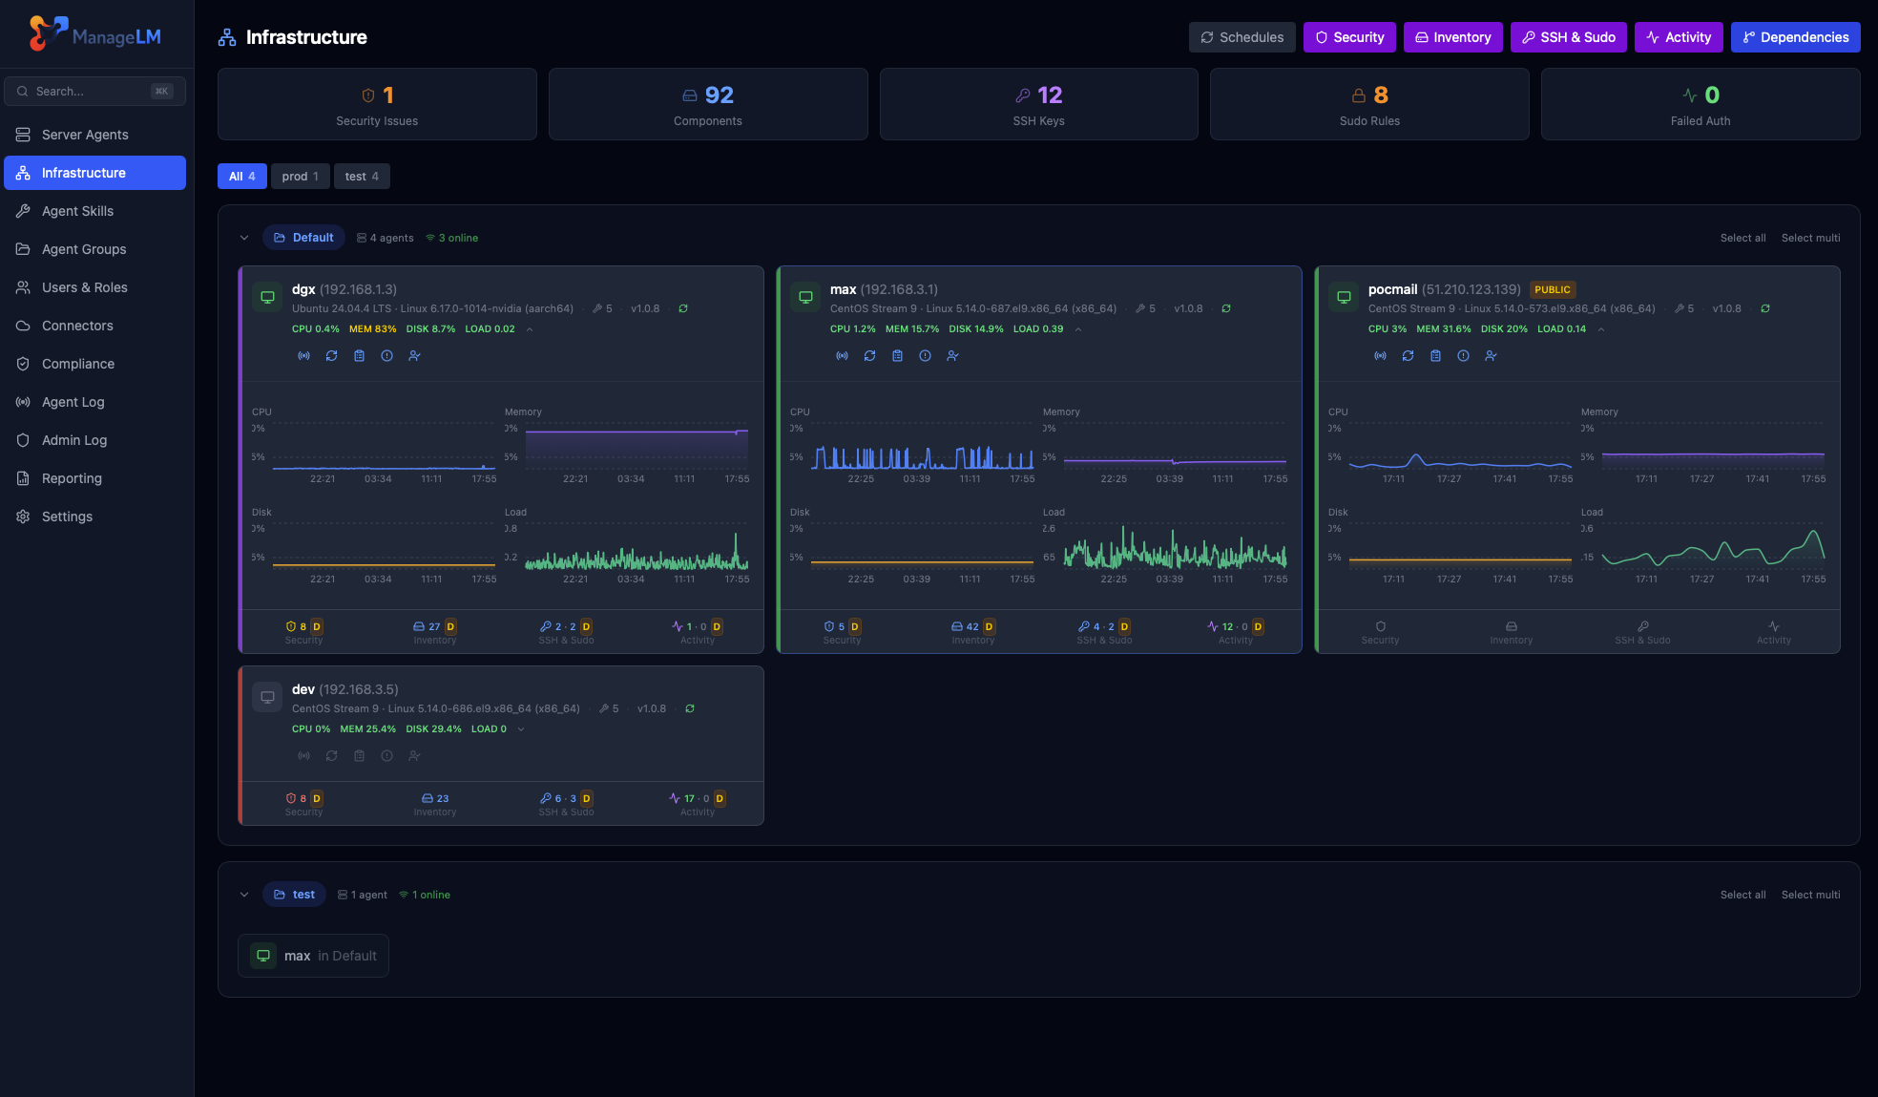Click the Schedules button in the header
point(1242,37)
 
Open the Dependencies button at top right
point(1795,37)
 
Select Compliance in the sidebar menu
point(77,364)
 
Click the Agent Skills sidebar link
point(77,211)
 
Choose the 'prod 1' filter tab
point(300,177)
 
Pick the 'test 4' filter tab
point(362,177)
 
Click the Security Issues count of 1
point(387,95)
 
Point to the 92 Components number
point(719,95)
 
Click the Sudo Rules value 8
point(1380,95)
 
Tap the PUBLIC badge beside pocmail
point(1552,289)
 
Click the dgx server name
point(303,289)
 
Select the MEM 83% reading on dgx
point(372,329)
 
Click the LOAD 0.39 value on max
point(1037,329)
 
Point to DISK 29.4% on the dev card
point(433,729)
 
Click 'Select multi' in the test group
point(1810,895)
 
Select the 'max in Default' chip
point(313,956)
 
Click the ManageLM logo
point(95,34)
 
